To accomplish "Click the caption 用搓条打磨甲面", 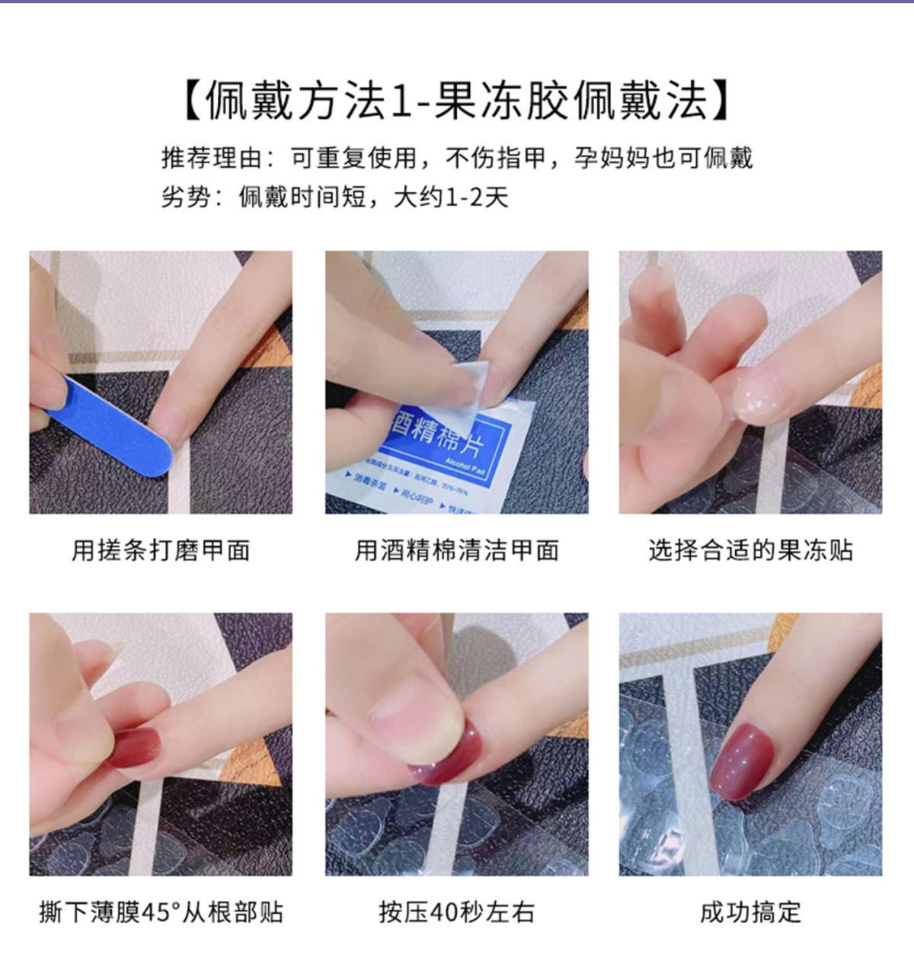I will point(161,549).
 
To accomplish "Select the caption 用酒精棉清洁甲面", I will point(457,549).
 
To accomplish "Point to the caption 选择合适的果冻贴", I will point(750,549).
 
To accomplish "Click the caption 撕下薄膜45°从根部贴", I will point(161,912).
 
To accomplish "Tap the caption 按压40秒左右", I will point(457,912).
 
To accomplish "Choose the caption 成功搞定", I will point(750,912).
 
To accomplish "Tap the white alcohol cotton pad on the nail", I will point(472,381).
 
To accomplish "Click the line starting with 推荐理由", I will point(457,158).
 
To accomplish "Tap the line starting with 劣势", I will point(334,197).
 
